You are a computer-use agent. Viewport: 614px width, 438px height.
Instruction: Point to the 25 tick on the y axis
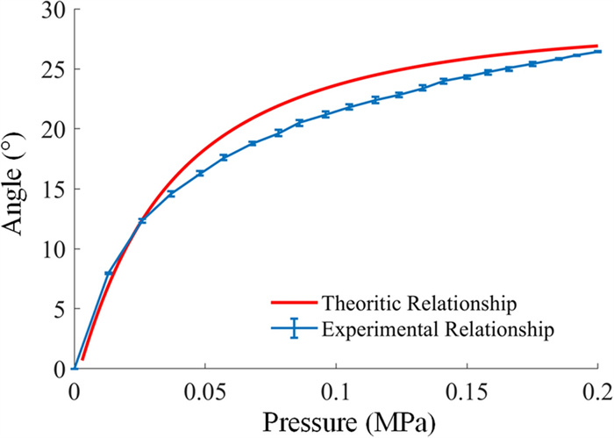pos(50,69)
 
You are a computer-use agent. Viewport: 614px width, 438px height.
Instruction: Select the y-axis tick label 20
pos(50,129)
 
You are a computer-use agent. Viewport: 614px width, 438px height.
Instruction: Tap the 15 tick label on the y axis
pos(50,189)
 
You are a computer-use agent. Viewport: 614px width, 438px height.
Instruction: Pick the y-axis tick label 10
pos(50,248)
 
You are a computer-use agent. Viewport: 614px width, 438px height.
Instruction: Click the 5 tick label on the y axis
pos(56,309)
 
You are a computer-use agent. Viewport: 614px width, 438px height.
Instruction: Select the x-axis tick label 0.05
pos(205,389)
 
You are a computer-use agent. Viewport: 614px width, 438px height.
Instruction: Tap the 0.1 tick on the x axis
pos(336,389)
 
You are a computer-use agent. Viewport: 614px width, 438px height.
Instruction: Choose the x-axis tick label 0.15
pos(467,389)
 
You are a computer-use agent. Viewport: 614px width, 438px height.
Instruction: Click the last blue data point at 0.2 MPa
pos(598,52)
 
